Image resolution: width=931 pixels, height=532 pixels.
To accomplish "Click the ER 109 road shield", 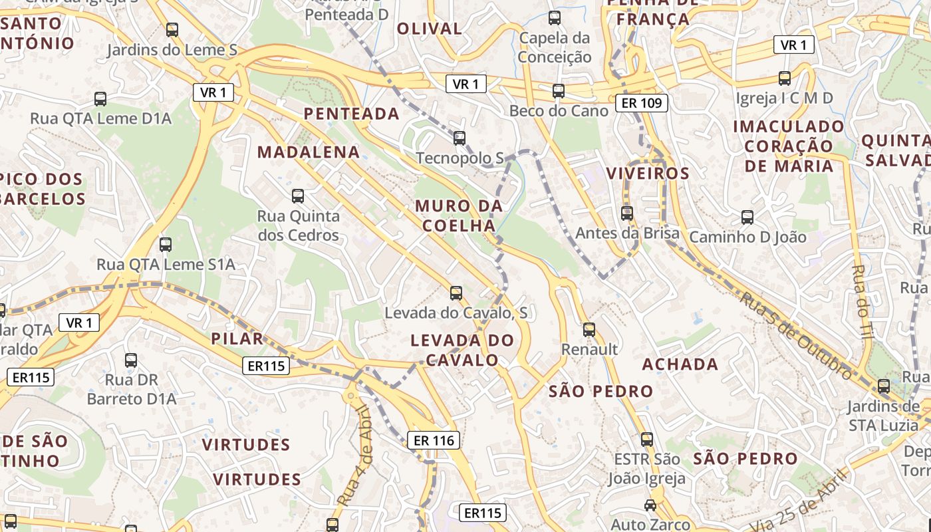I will [x=641, y=102].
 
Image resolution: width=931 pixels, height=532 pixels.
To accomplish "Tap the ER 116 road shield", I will [x=434, y=440].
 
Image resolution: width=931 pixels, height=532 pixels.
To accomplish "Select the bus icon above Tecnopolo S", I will [x=459, y=138].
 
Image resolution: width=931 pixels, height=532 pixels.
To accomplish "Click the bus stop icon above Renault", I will [x=589, y=330].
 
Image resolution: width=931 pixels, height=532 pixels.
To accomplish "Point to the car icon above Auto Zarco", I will [x=650, y=505].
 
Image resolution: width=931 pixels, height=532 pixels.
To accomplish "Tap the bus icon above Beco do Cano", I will [x=559, y=91].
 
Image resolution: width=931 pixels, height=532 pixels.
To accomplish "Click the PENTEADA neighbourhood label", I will [x=351, y=114].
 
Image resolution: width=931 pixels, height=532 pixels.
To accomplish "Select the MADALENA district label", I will [x=309, y=152].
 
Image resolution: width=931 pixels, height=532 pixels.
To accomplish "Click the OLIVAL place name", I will [x=429, y=29].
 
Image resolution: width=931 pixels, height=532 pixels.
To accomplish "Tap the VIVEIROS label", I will [x=648, y=174].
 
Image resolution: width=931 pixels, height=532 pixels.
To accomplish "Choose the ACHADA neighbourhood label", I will [x=680, y=364].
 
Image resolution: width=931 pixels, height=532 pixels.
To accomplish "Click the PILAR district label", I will [x=237, y=338].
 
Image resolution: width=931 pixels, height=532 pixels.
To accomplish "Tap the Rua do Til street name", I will [x=863, y=303].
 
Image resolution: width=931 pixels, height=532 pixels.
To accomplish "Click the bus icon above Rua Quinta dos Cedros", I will [x=298, y=196].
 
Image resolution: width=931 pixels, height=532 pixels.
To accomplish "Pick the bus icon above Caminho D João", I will [x=747, y=217].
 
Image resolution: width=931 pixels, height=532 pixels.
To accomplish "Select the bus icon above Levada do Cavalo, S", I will [x=456, y=293].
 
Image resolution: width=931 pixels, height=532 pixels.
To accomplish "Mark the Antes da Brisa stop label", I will [x=627, y=233].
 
